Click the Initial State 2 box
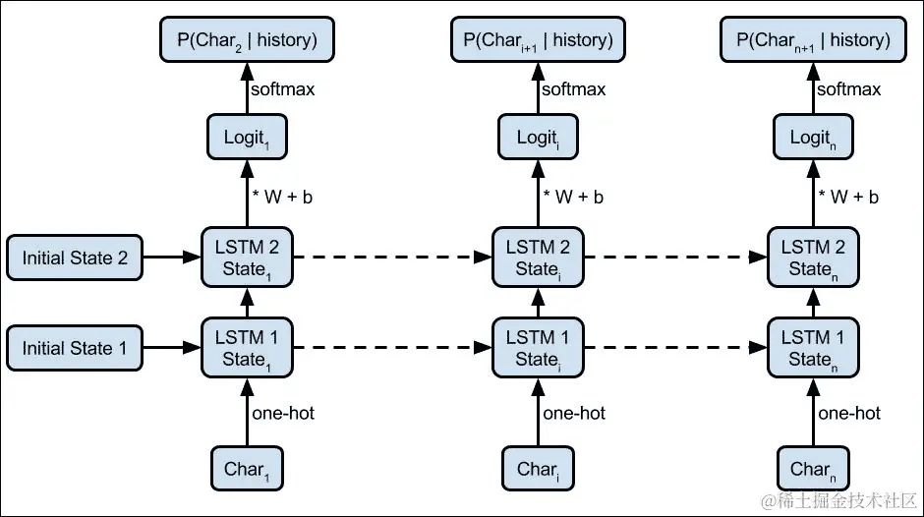[75, 258]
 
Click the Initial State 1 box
[75, 348]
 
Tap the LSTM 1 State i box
[536, 348]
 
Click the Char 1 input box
[244, 469]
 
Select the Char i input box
[536, 469]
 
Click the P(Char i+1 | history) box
[536, 40]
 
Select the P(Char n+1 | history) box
[812, 40]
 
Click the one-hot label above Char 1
[283, 414]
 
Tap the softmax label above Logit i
[575, 89]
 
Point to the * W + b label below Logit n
[850, 197]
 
